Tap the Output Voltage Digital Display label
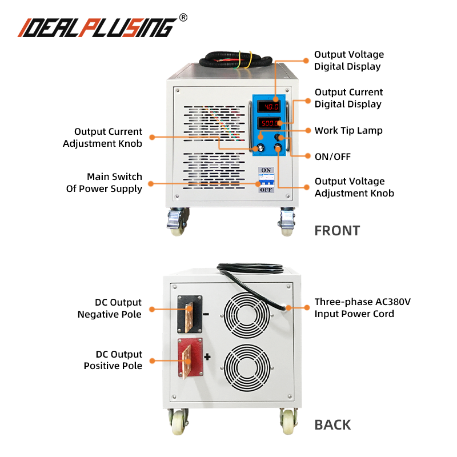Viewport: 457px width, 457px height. click(x=348, y=61)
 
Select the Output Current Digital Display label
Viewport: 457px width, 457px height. click(x=348, y=98)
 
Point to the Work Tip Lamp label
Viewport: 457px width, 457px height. click(x=348, y=130)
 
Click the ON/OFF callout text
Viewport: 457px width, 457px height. click(x=332, y=156)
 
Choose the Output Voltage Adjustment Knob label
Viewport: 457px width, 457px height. click(x=354, y=187)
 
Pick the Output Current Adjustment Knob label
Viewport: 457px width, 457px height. click(x=102, y=138)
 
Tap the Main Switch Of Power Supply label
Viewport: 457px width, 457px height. click(x=104, y=182)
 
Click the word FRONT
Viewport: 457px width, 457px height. click(x=337, y=231)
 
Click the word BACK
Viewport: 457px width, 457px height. click(x=333, y=425)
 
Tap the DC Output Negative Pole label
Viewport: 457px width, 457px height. click(x=110, y=308)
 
